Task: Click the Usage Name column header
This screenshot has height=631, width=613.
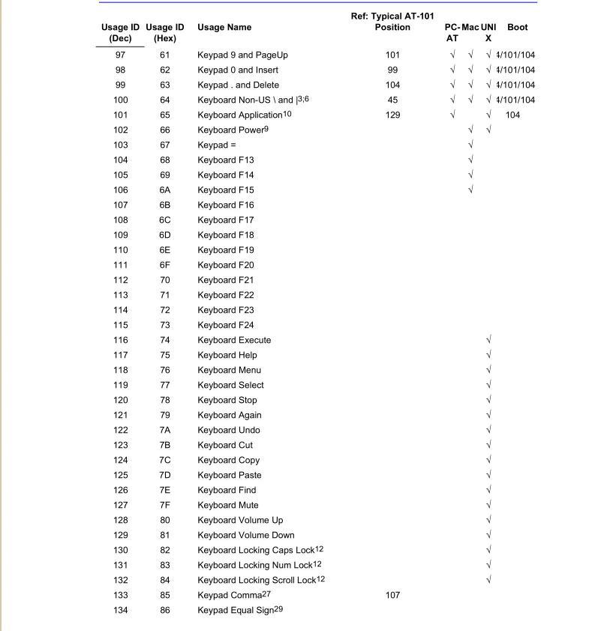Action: point(224,27)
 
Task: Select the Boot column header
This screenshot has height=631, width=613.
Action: point(517,27)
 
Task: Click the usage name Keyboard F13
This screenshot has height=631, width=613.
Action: point(225,160)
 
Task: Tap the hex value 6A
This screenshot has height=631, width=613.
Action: point(165,190)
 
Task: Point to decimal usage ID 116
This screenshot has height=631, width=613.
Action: point(120,340)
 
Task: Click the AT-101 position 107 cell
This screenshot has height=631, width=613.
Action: point(392,595)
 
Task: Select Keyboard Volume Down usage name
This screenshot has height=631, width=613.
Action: point(245,535)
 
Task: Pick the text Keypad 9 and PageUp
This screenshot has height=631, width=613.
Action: point(242,55)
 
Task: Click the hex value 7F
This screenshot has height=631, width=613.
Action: point(165,505)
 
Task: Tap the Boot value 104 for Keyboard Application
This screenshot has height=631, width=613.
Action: point(513,115)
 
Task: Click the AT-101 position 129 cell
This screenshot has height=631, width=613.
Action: point(392,115)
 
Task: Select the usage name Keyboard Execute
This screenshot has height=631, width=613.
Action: point(234,340)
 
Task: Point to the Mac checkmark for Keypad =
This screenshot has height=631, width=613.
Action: point(470,145)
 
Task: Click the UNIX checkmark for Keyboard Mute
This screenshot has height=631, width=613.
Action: point(488,505)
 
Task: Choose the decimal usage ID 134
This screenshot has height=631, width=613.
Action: point(120,610)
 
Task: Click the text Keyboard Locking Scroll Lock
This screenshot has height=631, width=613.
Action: point(255,580)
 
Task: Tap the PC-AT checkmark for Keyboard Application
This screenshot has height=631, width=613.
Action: point(452,115)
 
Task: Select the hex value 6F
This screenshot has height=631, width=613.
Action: point(165,265)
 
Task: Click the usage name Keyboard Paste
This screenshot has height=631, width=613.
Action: point(230,475)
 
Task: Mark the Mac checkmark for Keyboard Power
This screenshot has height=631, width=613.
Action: point(470,130)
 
